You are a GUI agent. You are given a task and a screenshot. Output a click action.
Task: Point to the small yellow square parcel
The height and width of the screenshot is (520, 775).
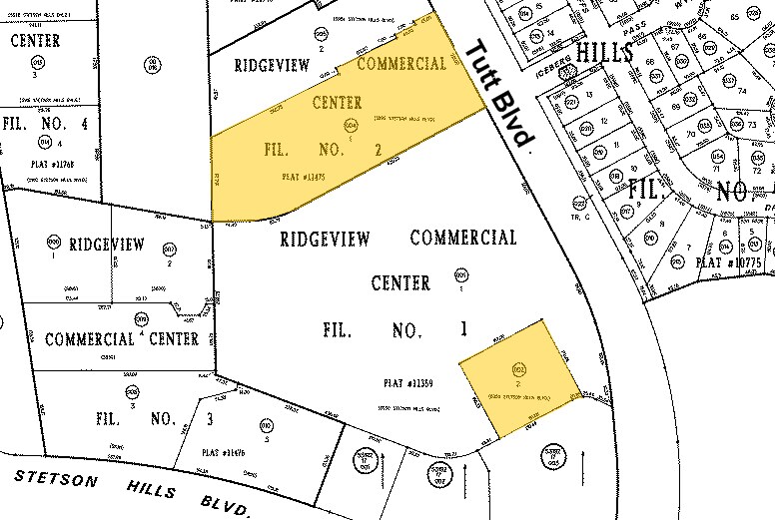point(519,378)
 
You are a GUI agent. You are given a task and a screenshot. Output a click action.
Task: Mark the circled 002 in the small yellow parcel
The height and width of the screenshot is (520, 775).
point(518,368)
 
